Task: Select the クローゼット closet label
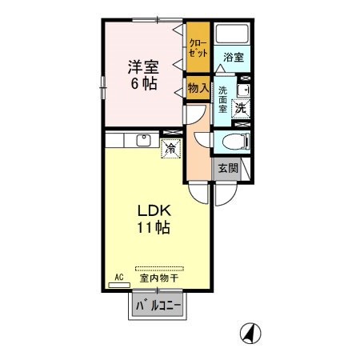coord(198,46)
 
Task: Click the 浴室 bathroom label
coord(233,58)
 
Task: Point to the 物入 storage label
coord(198,88)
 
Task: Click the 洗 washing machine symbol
coord(239,108)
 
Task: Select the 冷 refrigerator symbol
coord(170,148)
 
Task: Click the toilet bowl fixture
coord(234,142)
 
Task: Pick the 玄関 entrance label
coord(226,168)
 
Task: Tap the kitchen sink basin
coord(144,141)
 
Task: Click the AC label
coord(119,277)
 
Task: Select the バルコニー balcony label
coord(157,305)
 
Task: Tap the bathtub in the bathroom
coord(233,35)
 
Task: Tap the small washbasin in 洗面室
coord(244,90)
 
